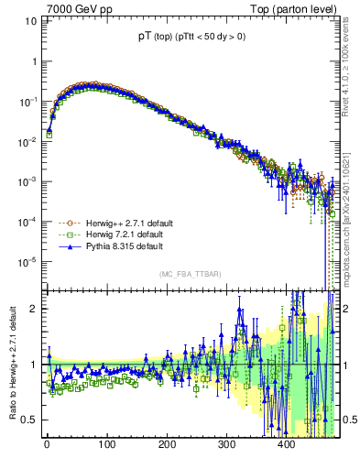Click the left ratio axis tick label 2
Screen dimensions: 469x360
point(34,308)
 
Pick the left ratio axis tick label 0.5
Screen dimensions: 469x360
point(29,420)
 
